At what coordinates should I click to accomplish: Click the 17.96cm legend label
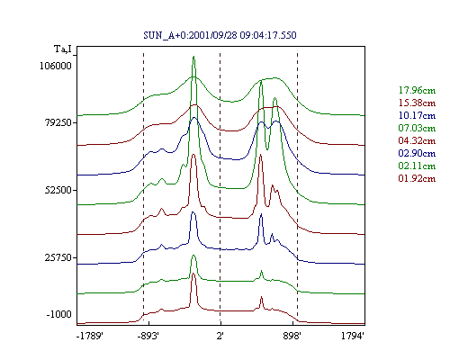click(x=417, y=90)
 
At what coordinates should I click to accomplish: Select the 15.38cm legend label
click(x=417, y=103)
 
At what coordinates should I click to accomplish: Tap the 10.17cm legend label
click(x=417, y=115)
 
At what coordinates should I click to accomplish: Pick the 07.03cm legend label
click(x=417, y=128)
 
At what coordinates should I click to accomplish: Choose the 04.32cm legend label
click(x=417, y=140)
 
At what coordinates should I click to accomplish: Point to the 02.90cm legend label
click(x=417, y=153)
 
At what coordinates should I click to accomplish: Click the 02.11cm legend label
click(x=417, y=166)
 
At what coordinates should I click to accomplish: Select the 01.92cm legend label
click(x=417, y=178)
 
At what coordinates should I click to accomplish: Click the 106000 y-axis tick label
click(x=56, y=66)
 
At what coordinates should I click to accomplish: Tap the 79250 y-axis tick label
click(x=58, y=122)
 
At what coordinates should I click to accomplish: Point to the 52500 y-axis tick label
click(x=58, y=190)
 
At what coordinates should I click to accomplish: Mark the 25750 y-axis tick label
click(x=58, y=257)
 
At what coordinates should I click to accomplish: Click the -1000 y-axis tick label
click(x=59, y=314)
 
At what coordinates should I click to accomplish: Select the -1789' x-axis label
click(x=90, y=336)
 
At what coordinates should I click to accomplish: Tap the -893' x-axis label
click(x=148, y=336)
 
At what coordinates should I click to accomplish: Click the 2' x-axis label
click(x=220, y=336)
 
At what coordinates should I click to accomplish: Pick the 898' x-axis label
click(x=292, y=336)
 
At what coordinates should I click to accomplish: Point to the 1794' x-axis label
click(x=353, y=336)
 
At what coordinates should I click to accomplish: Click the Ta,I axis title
click(x=63, y=49)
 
